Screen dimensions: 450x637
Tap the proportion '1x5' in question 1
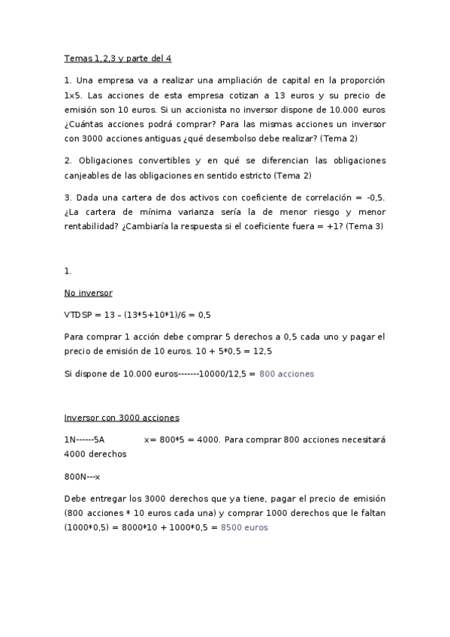[x=74, y=95]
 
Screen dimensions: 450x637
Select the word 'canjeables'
[x=89, y=175]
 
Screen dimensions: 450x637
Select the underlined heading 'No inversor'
[x=88, y=293]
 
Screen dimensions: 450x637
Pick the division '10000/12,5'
[x=223, y=373]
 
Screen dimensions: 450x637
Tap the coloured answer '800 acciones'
[x=286, y=373]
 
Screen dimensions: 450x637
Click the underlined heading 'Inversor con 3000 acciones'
[x=122, y=417]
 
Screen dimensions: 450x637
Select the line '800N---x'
[x=82, y=476]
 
